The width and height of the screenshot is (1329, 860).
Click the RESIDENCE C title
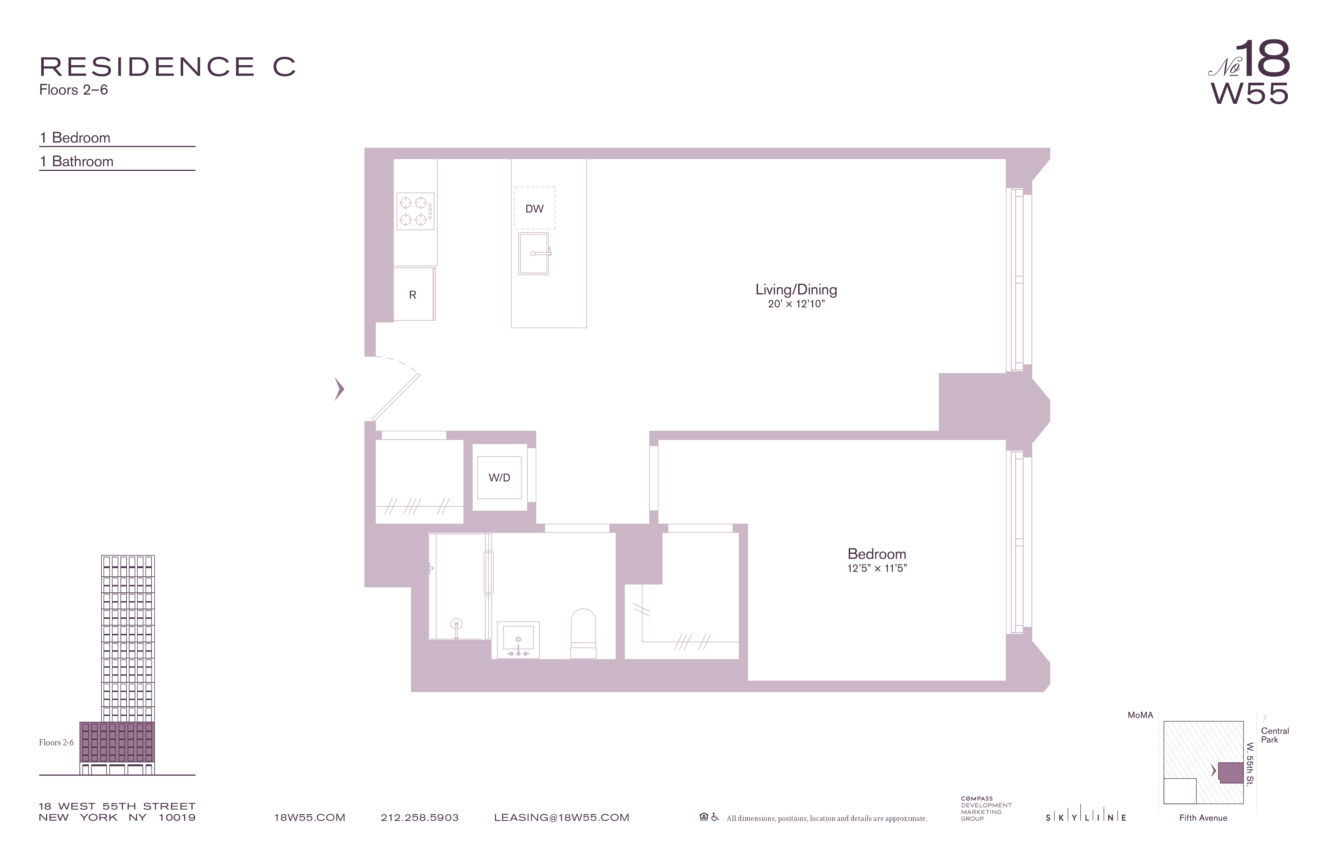click(168, 67)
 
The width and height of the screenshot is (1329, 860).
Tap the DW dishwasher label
click(534, 209)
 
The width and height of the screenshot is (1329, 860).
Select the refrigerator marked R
click(413, 294)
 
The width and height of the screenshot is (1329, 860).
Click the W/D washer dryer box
click(499, 478)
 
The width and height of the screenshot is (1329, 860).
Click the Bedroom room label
click(877, 554)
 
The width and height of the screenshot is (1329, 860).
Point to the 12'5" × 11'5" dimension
click(877, 568)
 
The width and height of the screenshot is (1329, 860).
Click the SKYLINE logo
click(1086, 818)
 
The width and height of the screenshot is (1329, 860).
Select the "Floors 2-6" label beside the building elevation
click(56, 743)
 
